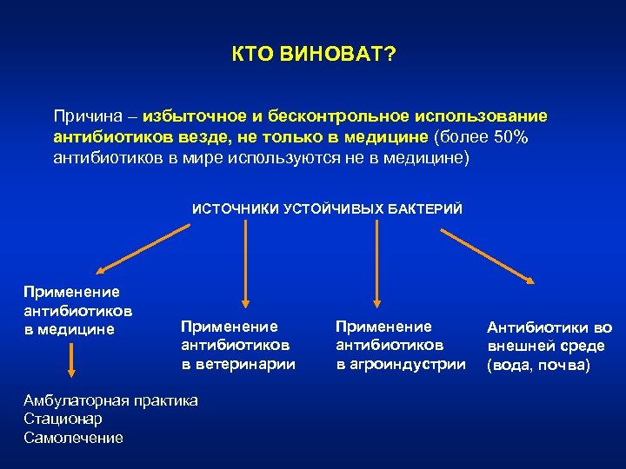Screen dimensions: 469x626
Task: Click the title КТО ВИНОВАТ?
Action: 313,56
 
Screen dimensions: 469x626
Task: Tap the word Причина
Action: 85,116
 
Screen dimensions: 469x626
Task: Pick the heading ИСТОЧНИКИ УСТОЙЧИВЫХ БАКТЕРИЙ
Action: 327,209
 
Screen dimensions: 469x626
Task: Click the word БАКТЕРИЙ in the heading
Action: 426,209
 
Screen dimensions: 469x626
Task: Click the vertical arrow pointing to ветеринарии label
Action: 246,265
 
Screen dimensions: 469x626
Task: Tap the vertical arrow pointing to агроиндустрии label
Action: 376,265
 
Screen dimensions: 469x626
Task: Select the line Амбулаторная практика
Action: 111,400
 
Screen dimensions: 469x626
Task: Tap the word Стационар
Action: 63,419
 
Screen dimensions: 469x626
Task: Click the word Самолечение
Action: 74,439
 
